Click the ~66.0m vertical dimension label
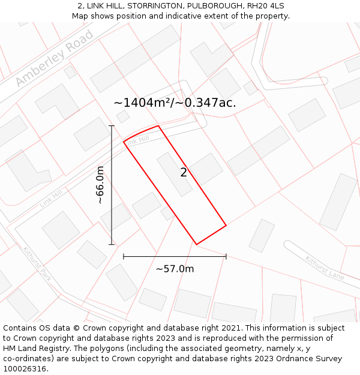point(100,185)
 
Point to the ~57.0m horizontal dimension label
point(175,269)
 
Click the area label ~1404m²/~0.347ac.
point(175,103)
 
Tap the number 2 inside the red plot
point(184,173)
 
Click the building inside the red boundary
point(175,174)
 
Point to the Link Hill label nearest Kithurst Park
point(52,197)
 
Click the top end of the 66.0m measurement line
point(112,125)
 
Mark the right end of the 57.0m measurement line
point(226,256)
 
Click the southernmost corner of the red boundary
point(197,244)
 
